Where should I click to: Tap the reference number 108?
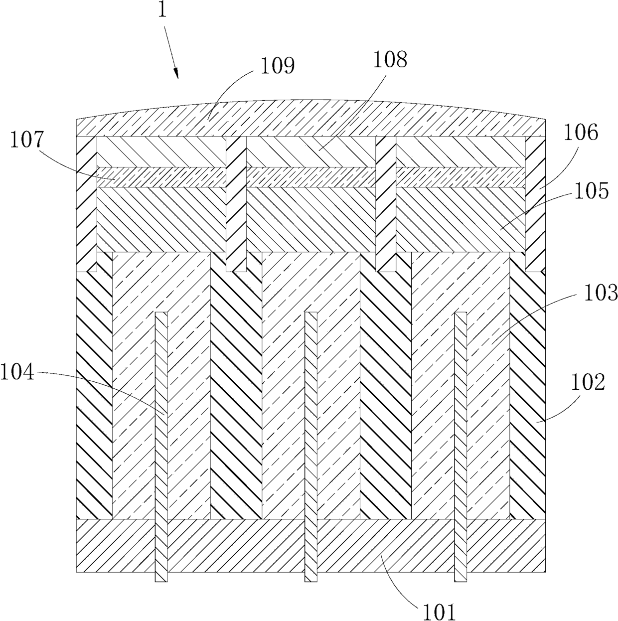pos(390,60)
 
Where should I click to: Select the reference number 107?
pos(27,140)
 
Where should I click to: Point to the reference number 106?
pos(581,133)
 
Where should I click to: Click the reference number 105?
pos(592,191)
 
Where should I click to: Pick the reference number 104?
pos(17,372)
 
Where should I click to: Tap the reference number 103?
pos(601,293)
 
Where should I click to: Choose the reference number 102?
pos(588,383)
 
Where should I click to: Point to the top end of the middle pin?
pos(311,312)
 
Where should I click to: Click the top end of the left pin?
pos(161,312)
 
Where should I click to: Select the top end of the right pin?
pos(461,312)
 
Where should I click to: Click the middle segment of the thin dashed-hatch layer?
pos(311,177)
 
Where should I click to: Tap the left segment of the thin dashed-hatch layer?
pos(161,177)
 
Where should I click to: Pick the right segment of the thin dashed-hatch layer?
pos(461,177)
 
